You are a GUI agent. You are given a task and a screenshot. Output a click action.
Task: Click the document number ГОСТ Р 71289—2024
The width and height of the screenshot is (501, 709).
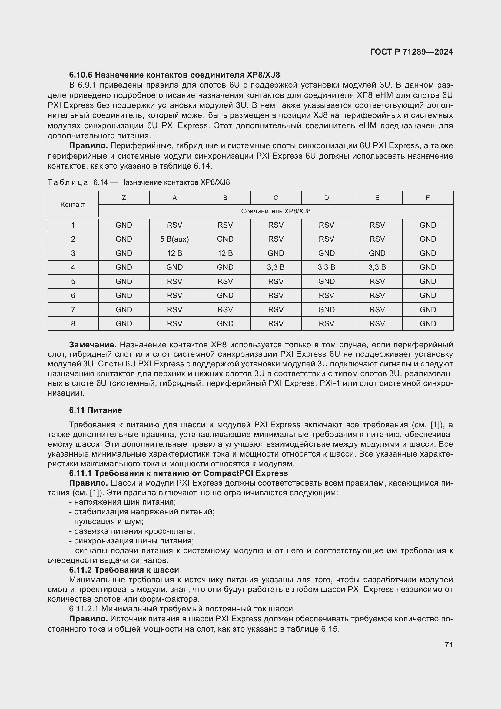coord(411,52)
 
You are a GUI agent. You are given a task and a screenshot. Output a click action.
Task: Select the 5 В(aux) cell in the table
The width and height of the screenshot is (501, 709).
coord(174,239)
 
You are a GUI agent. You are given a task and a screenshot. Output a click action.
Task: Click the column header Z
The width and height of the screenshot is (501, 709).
coord(124,198)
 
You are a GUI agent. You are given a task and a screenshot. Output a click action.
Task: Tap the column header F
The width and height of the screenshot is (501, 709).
coord(428,198)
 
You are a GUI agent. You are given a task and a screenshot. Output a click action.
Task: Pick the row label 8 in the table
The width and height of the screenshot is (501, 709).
coord(73,324)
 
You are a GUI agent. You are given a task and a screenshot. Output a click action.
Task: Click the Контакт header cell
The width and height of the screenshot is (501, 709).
coord(73,204)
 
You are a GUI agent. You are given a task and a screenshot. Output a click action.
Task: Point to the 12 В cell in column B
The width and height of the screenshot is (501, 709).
coord(225,253)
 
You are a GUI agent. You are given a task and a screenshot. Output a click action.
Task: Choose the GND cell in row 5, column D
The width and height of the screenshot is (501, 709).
coord(326,281)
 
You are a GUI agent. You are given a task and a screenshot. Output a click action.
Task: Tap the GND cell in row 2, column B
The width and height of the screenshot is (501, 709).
coord(225,239)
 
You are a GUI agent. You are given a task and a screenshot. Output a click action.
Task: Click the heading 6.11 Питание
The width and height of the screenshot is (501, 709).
coord(95,410)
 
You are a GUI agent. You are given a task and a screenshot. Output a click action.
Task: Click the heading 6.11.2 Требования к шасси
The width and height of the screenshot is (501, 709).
coord(124,570)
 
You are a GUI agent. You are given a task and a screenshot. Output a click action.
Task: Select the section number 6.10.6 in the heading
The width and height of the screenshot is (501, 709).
coord(81,75)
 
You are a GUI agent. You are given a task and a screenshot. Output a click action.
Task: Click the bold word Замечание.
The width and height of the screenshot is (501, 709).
coord(93,345)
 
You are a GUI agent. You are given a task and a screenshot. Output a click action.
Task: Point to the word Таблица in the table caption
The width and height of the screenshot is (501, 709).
coord(68,182)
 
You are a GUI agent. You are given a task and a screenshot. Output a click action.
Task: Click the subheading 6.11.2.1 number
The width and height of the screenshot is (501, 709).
coord(84,609)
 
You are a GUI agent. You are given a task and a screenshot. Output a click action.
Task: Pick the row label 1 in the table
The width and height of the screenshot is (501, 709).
coord(73,225)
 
